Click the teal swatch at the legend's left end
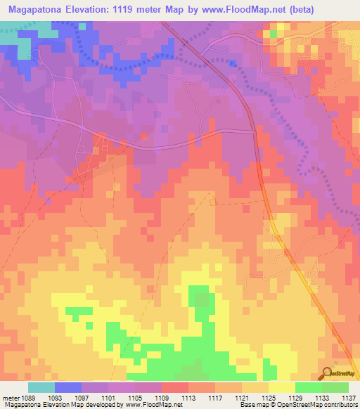click(x=41, y=387)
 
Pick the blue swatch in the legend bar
click(x=68, y=387)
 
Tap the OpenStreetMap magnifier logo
click(x=326, y=372)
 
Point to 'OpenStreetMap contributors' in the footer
click(x=316, y=405)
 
